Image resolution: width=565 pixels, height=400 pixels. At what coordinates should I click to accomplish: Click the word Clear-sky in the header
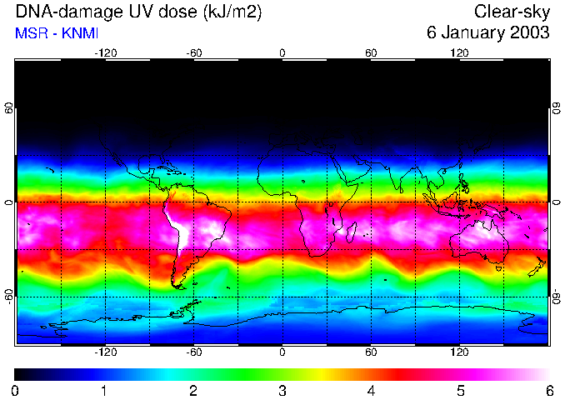point(512,12)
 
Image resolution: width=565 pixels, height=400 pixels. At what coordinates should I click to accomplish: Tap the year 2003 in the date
point(528,33)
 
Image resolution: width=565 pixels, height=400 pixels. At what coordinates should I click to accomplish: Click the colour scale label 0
point(16,390)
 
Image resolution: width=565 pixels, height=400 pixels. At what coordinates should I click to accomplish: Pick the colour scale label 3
point(282,390)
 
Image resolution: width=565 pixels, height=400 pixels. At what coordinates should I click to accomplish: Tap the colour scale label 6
point(548,390)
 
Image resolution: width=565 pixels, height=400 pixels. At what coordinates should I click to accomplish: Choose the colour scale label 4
point(371,390)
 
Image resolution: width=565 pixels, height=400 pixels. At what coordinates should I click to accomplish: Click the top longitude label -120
point(105,52)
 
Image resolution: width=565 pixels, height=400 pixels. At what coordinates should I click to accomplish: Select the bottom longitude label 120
point(459,352)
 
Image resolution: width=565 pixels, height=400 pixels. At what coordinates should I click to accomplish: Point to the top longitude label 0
point(282,52)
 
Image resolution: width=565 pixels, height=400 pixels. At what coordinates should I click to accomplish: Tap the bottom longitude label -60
point(193,352)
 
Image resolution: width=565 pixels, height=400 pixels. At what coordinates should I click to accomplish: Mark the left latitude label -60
point(9,295)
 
